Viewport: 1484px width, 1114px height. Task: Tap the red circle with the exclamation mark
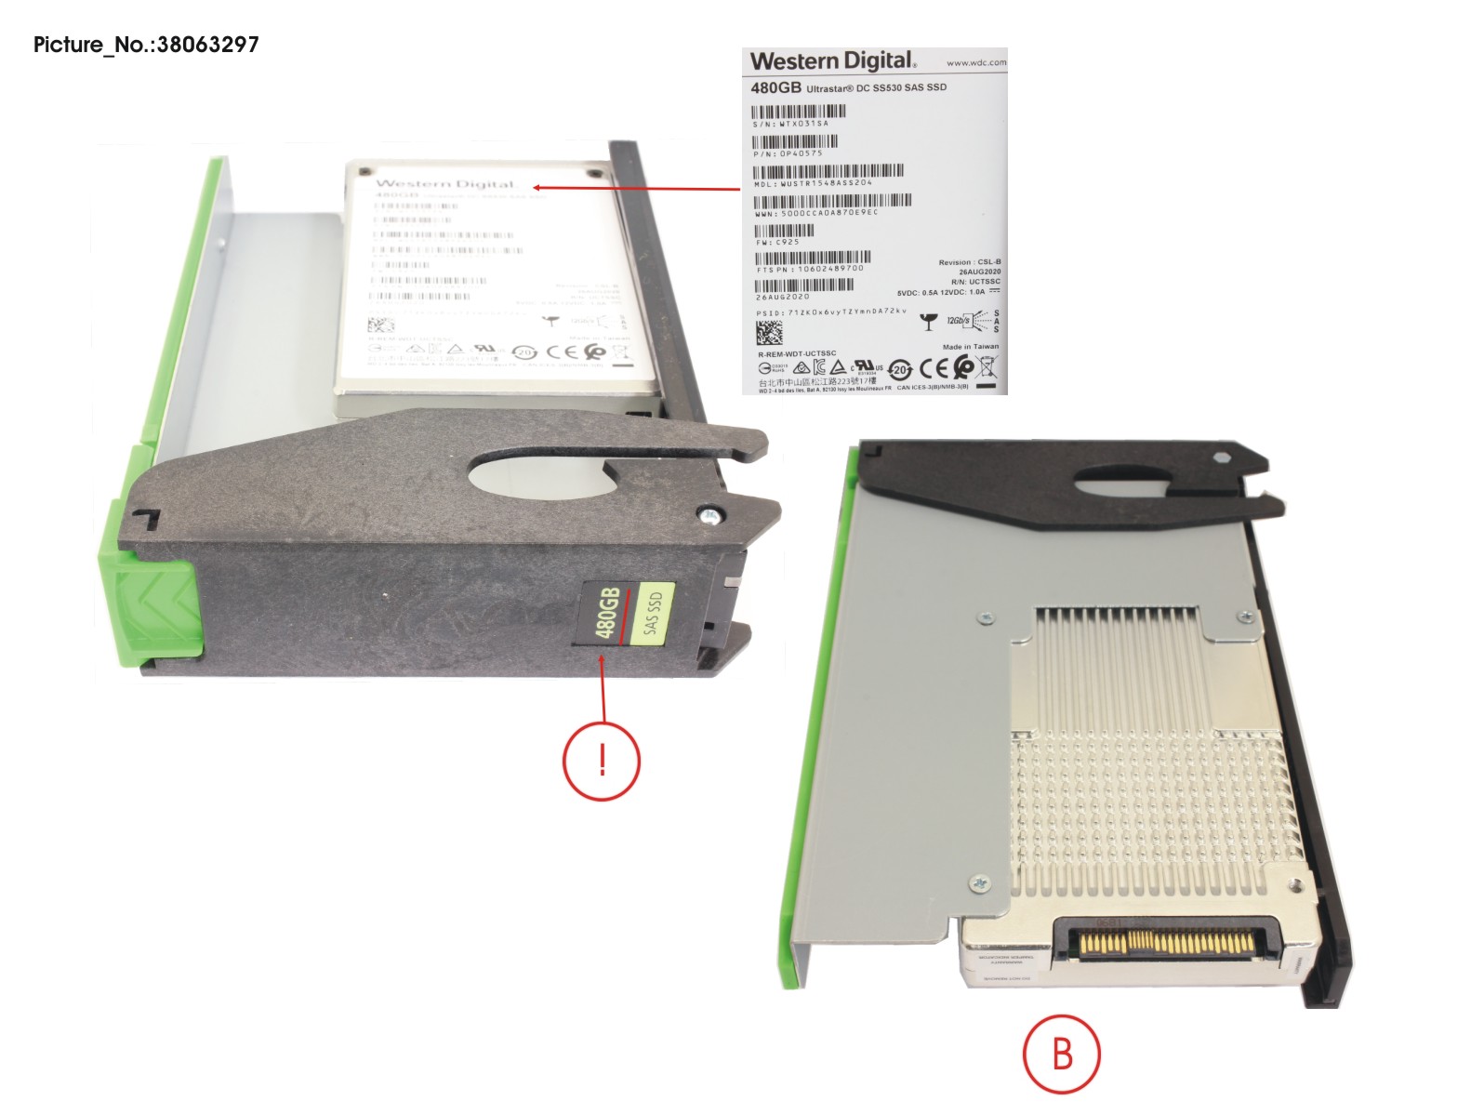[602, 761]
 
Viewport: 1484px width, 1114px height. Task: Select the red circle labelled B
[1061, 1054]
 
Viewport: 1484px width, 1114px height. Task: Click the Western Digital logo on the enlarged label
[833, 61]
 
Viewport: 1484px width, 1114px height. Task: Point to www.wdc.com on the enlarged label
[975, 63]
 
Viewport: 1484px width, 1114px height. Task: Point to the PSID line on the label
[830, 312]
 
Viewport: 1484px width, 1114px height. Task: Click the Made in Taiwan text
[970, 347]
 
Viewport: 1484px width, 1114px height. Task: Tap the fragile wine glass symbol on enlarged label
[927, 323]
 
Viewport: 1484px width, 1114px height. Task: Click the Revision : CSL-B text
[969, 262]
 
